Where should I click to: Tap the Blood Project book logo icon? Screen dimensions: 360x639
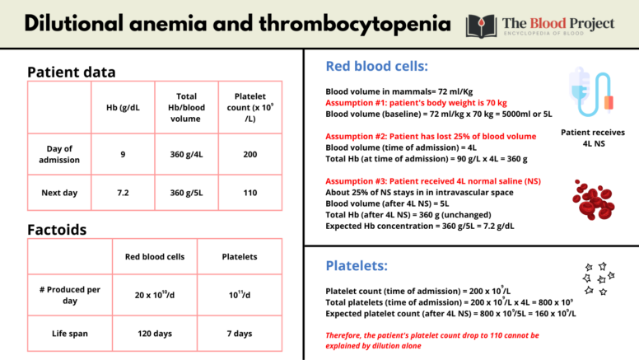481,24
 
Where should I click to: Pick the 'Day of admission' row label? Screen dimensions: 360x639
59,154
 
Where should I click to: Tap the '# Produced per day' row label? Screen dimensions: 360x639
69,295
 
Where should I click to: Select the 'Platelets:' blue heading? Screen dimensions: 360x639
357,266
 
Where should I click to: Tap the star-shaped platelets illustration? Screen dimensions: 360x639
597,278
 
